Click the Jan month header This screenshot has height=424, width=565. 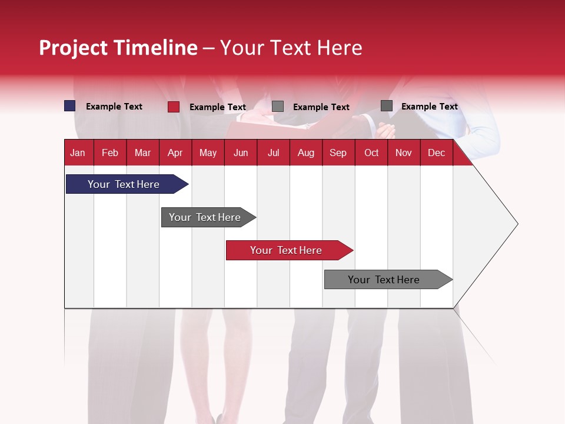pyautogui.click(x=78, y=153)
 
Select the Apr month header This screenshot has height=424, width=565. pyautogui.click(x=175, y=153)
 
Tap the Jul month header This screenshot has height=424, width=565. pyautogui.click(x=273, y=153)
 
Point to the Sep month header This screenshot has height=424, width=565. pyautogui.click(x=338, y=153)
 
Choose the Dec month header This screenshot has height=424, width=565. pyautogui.click(x=436, y=153)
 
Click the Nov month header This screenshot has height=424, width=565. pyautogui.click(x=403, y=153)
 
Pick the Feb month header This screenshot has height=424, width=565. pyautogui.click(x=110, y=153)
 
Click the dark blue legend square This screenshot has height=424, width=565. pyautogui.click(x=70, y=106)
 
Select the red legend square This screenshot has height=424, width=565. pyautogui.click(x=173, y=107)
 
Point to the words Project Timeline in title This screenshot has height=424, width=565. pyautogui.click(x=118, y=48)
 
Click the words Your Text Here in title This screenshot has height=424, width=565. pyautogui.click(x=291, y=48)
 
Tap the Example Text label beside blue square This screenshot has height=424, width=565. pyautogui.click(x=114, y=107)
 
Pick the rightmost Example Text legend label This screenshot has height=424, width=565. pyautogui.click(x=429, y=107)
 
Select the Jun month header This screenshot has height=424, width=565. pyautogui.click(x=240, y=153)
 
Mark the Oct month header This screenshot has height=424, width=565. pyautogui.click(x=371, y=153)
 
